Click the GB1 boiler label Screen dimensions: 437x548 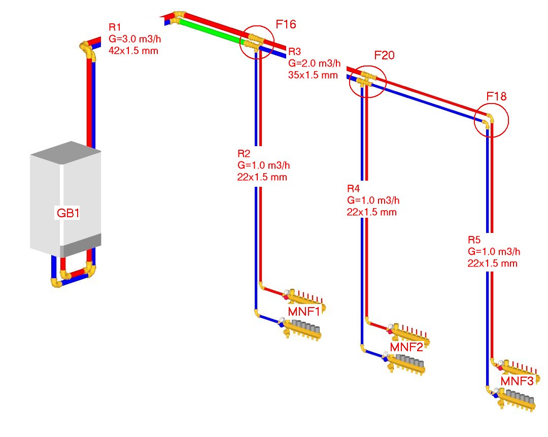(x=68, y=214)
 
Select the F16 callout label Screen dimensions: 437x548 (x=286, y=24)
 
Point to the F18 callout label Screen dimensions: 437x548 (x=497, y=96)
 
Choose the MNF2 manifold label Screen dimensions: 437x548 (x=406, y=348)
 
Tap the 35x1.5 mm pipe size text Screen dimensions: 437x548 (x=313, y=75)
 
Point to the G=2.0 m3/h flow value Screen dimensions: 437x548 (x=314, y=64)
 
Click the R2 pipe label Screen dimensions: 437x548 (x=244, y=153)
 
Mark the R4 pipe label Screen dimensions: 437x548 (x=354, y=188)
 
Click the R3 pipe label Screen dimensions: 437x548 (x=295, y=52)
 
